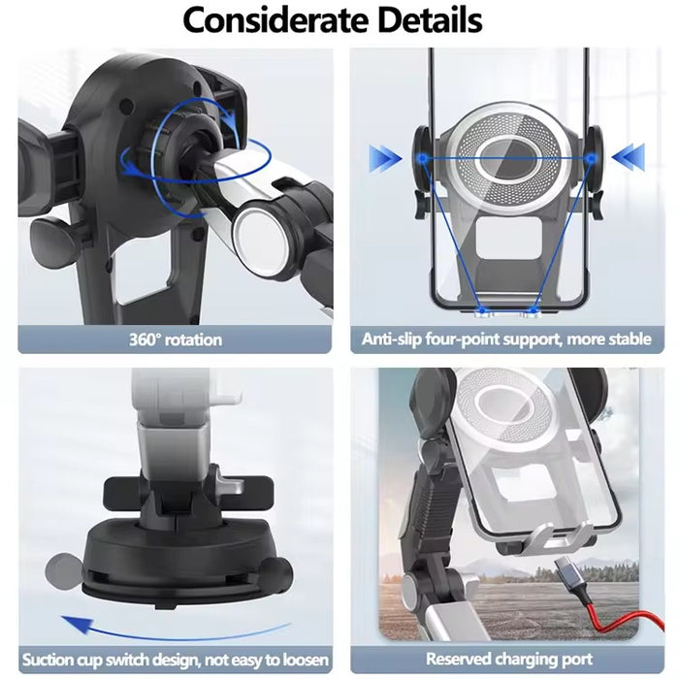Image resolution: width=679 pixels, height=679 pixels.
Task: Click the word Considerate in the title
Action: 273,20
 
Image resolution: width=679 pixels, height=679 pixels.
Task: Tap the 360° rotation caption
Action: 175,339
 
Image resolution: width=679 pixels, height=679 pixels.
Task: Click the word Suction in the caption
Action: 49,660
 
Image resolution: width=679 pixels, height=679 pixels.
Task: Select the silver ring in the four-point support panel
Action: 508,155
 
